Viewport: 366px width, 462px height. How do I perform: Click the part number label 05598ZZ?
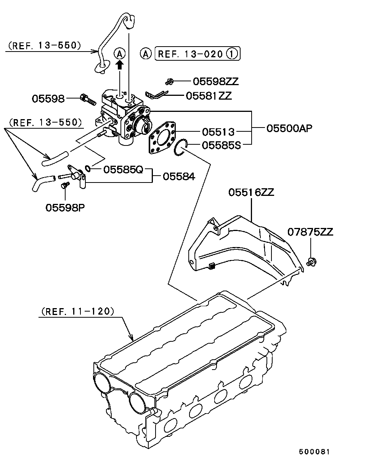coord(215,81)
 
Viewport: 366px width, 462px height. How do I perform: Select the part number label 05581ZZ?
coord(209,95)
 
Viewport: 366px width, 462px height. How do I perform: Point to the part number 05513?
coord(218,132)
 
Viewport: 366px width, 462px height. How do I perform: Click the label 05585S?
coord(221,145)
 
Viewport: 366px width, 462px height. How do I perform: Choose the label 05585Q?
coord(123,169)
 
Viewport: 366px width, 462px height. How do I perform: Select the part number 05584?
coord(179,176)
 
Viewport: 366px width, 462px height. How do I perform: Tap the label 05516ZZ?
coord(251,192)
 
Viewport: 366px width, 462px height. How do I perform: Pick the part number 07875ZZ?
coord(310,232)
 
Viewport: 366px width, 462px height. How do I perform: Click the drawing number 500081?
coord(314,451)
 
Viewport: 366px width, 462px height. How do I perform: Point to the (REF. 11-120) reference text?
coord(76,311)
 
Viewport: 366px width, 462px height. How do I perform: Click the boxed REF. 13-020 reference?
coord(197,54)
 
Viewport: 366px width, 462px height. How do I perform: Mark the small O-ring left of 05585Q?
coord(88,168)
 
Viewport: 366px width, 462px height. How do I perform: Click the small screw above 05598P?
coord(64,186)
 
